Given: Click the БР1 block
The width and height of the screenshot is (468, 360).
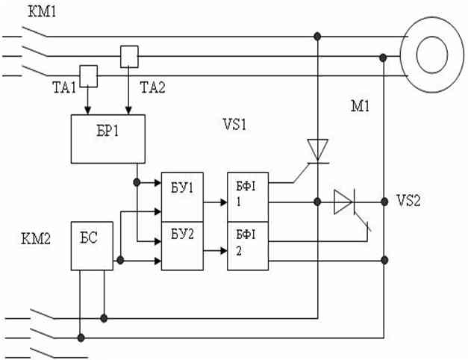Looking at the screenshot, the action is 108,139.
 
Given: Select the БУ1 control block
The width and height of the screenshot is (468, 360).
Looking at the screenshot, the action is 182,197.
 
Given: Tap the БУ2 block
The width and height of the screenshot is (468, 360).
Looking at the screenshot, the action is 182,246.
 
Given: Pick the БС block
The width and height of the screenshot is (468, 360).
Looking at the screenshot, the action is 92,246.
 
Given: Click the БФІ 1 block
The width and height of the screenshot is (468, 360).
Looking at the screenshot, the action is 248,197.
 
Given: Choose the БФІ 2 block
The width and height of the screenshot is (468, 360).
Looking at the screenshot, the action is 248,246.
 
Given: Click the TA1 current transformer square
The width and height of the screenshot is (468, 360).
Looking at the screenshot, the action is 88,76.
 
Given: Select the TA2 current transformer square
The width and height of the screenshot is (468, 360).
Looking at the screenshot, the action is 129,57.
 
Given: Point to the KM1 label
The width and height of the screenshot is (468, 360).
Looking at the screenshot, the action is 42,12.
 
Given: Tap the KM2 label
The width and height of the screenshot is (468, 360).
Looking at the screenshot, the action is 36,239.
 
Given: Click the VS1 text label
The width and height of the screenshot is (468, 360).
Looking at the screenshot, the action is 234,124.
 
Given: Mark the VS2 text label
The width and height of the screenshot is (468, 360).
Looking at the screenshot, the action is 408,200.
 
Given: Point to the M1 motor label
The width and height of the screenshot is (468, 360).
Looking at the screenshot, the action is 361,106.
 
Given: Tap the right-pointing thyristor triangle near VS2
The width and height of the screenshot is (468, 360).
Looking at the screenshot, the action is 343,202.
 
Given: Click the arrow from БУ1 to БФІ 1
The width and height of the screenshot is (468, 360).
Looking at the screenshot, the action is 215,202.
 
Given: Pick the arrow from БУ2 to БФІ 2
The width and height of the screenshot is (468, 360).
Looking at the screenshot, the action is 215,251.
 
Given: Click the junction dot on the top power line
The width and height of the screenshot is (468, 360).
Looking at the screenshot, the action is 317,37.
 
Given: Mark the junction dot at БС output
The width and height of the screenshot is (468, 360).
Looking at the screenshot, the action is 120,260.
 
